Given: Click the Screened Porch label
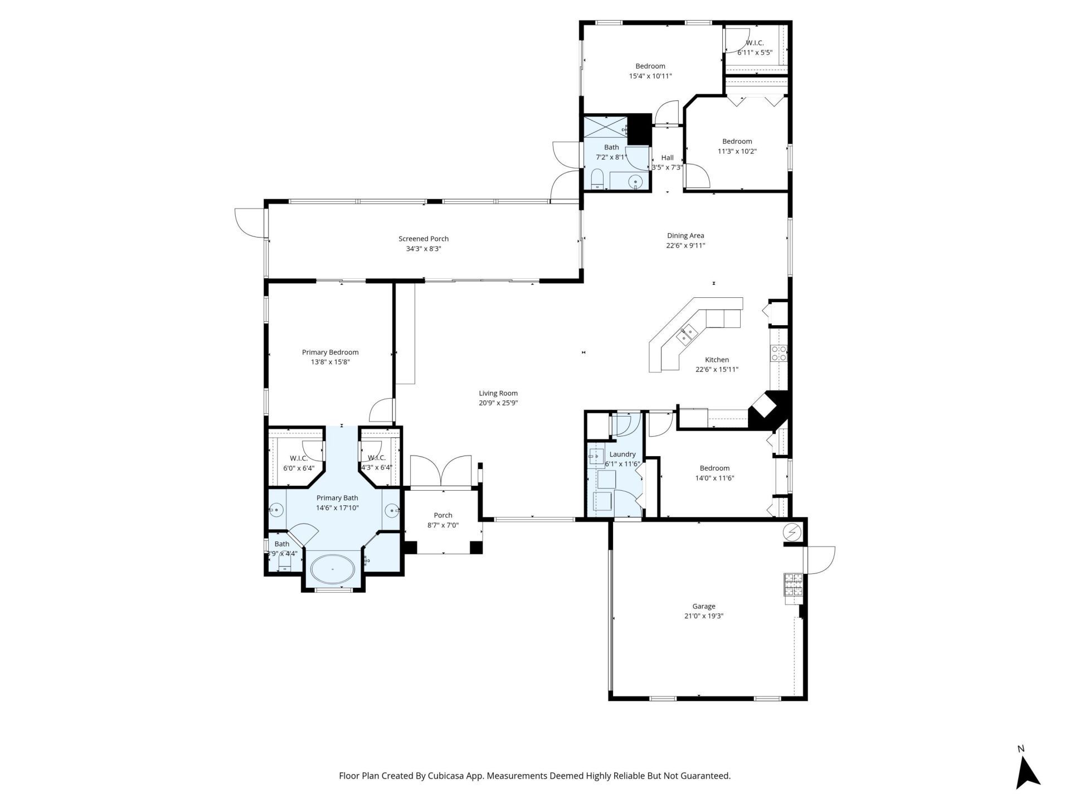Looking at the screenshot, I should point(423,239).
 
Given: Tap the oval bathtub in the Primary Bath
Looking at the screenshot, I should point(332,569).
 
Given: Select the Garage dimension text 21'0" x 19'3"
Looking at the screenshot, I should point(703,616).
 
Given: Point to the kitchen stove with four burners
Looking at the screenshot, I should point(779,352).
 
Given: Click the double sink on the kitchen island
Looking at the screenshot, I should point(687,334).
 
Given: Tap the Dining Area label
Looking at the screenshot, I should point(685,235).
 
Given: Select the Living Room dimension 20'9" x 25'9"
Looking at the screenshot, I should point(498,403).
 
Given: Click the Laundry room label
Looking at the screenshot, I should point(622,454).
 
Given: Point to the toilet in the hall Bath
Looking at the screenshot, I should point(597,178).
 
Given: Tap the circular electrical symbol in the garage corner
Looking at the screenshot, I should point(792,533).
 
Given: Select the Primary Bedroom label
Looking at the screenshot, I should point(330,352).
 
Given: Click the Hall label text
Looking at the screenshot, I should point(667,157).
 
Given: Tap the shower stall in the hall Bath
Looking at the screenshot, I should point(605,126).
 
